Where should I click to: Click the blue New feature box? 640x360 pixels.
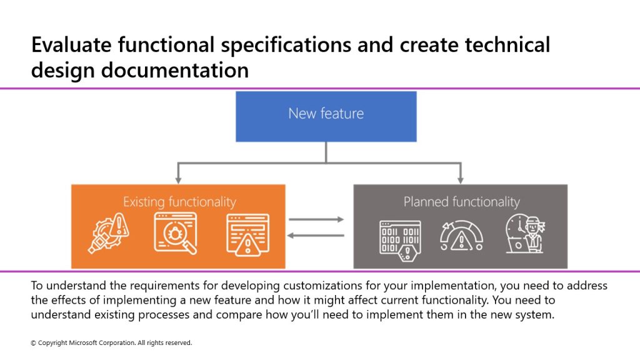coord(326,116)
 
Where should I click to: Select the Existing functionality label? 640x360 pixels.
coord(179,202)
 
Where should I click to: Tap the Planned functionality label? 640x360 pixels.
coord(462,202)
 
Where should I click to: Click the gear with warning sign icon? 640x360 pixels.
coord(109,234)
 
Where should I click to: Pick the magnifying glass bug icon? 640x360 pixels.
coord(176,234)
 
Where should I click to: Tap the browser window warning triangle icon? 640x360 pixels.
coord(247,235)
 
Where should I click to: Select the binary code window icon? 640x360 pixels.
coord(400,241)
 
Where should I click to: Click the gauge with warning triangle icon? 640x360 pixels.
coord(461,236)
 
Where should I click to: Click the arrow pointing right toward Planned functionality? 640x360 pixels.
coord(316,219)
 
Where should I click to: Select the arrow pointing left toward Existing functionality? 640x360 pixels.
coord(316,236)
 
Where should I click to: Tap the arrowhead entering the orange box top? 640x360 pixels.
coord(178,181)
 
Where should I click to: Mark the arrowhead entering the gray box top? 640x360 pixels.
coord(461,181)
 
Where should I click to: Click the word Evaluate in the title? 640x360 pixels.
coord(71,44)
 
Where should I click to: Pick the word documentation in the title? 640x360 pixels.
coord(175,70)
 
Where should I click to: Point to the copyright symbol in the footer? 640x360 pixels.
coord(34,343)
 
